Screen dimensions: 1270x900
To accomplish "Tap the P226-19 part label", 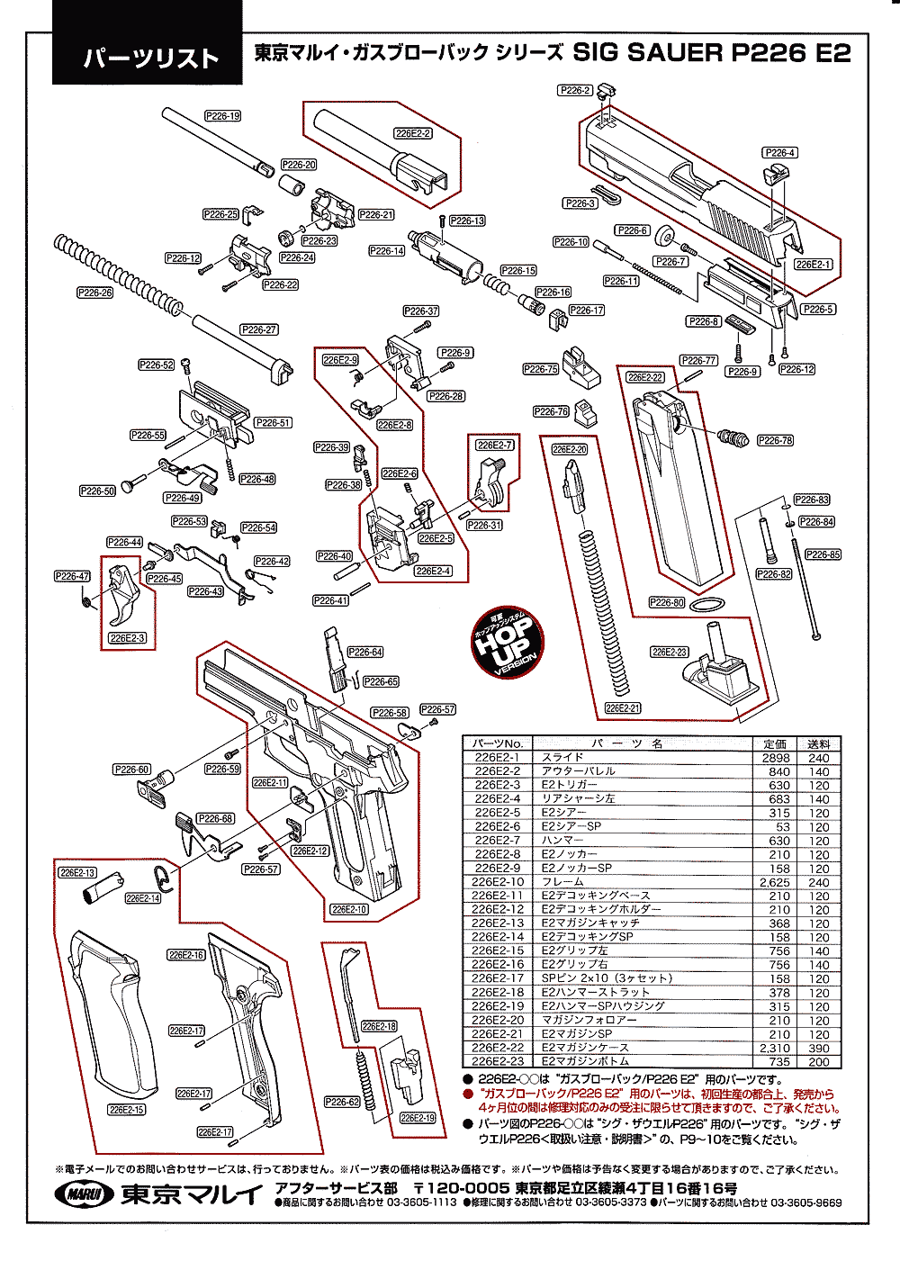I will click(222, 116).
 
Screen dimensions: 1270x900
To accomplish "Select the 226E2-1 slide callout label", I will click(814, 265).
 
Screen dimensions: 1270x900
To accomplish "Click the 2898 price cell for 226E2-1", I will click(776, 758).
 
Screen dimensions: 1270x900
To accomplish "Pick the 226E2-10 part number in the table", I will click(498, 882).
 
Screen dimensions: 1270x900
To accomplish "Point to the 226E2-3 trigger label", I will click(127, 638).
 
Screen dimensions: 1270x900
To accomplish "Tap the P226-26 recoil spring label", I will click(94, 293).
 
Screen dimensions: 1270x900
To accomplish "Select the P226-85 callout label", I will click(823, 554).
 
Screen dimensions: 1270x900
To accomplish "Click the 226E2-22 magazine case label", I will click(645, 377).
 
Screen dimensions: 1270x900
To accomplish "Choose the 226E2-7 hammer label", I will click(495, 445).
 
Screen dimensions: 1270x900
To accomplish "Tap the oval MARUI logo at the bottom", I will click(85, 1194).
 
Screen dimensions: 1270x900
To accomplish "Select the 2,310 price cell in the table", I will click(775, 1048).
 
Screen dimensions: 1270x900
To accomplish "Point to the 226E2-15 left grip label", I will click(127, 1110).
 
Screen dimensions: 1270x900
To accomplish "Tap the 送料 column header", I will click(819, 744).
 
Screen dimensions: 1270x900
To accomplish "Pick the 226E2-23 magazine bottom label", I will click(669, 652).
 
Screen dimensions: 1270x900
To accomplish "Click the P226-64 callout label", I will click(364, 652).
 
